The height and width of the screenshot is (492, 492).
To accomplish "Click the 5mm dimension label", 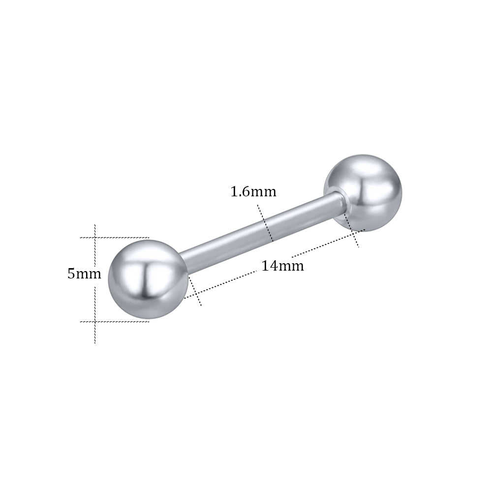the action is coord(85,274).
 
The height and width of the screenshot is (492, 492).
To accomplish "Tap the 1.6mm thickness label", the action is coord(253,191).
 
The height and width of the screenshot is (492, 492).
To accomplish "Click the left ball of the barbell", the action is coord(148,279).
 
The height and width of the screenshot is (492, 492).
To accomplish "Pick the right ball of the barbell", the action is coord(363,193).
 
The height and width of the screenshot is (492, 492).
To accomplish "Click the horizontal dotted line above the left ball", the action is coord(114,238).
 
